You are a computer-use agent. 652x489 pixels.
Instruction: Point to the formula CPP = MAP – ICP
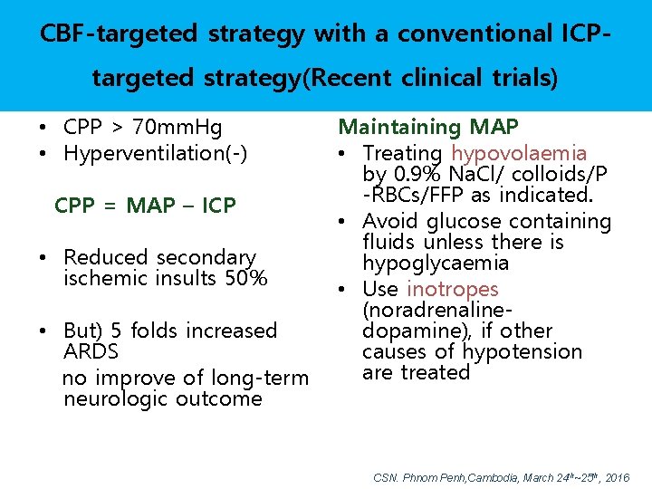[x=145, y=206]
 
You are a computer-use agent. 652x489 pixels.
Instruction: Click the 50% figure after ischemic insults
[x=245, y=278]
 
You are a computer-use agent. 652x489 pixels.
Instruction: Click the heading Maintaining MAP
[x=428, y=128]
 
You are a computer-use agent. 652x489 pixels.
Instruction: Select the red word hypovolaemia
[x=519, y=154]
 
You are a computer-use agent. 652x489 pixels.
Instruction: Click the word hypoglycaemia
[x=436, y=264]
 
